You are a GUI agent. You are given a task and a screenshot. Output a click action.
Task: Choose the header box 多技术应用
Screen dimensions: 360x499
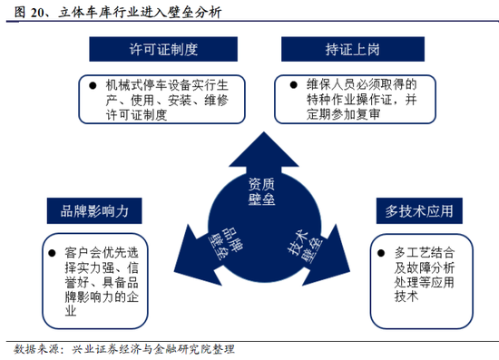(x=419, y=211)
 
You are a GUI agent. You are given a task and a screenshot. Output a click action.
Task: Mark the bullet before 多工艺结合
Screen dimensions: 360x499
(x=383, y=248)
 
